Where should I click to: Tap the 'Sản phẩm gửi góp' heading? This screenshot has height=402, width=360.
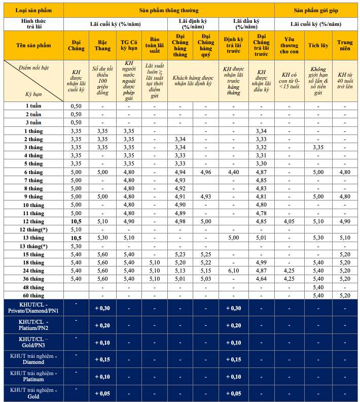[x=316, y=10]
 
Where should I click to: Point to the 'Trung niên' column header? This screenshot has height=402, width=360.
[x=345, y=46]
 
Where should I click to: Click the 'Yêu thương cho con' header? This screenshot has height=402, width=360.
[x=289, y=46]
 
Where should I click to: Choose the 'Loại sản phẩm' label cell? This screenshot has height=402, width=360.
[x=33, y=10]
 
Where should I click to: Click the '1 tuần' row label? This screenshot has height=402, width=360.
[x=34, y=106]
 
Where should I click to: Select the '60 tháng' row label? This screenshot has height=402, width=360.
[x=34, y=295]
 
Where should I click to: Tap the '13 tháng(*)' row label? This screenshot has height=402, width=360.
[x=34, y=246]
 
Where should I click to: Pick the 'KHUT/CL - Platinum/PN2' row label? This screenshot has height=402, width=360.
[x=34, y=326]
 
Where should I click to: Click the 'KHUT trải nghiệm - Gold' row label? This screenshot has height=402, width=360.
[x=34, y=393]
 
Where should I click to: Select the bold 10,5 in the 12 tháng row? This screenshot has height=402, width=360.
[x=76, y=221]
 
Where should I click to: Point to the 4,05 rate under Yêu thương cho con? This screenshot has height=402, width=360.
[x=289, y=221]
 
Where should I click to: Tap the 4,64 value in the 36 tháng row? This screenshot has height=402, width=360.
[x=261, y=279]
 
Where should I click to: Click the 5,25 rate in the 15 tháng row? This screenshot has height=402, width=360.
[x=206, y=254]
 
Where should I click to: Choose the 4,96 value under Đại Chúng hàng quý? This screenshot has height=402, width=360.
[x=206, y=172]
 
